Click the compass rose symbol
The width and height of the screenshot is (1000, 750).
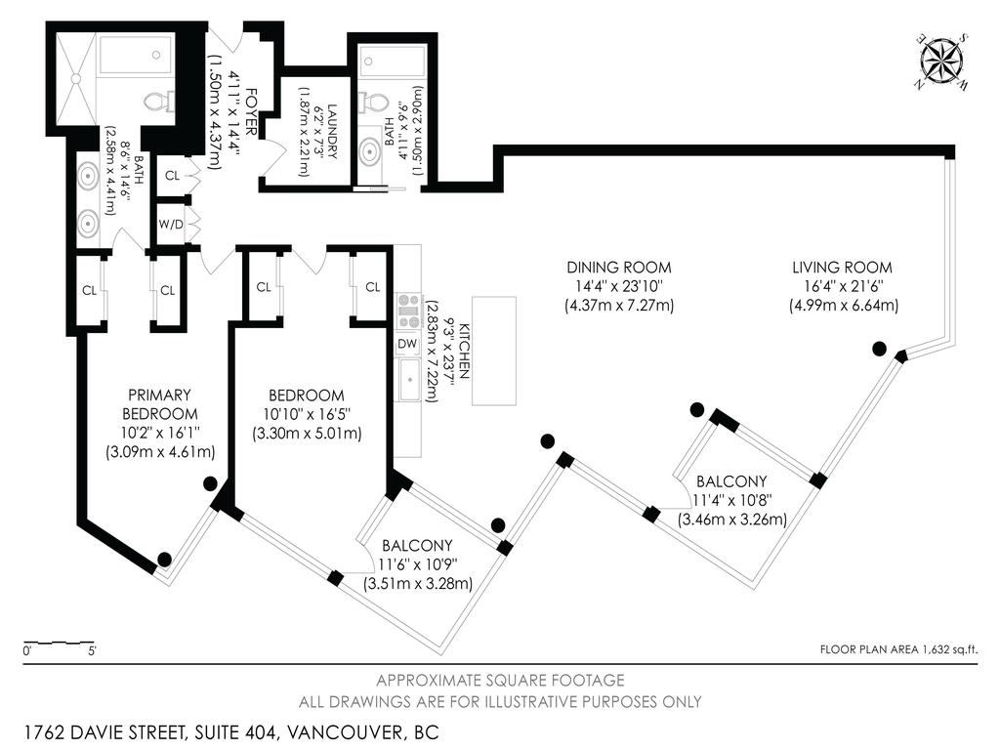click(942, 62)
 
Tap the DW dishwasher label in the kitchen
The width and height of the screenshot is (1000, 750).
click(407, 344)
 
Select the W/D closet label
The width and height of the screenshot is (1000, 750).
click(170, 225)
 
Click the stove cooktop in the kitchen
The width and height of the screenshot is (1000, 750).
click(408, 312)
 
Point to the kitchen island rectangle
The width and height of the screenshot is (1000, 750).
click(493, 351)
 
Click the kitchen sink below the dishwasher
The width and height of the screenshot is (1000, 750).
click(409, 380)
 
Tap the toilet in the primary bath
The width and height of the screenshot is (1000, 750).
click(159, 102)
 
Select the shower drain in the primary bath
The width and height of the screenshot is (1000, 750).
click(76, 78)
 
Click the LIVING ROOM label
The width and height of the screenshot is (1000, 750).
click(842, 268)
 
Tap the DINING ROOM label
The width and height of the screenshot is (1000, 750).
click(618, 268)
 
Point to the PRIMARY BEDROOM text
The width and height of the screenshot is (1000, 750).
click(159, 404)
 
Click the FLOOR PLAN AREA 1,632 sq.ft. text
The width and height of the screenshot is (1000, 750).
click(898, 649)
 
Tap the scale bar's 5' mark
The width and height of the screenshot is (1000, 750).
click(93, 651)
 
